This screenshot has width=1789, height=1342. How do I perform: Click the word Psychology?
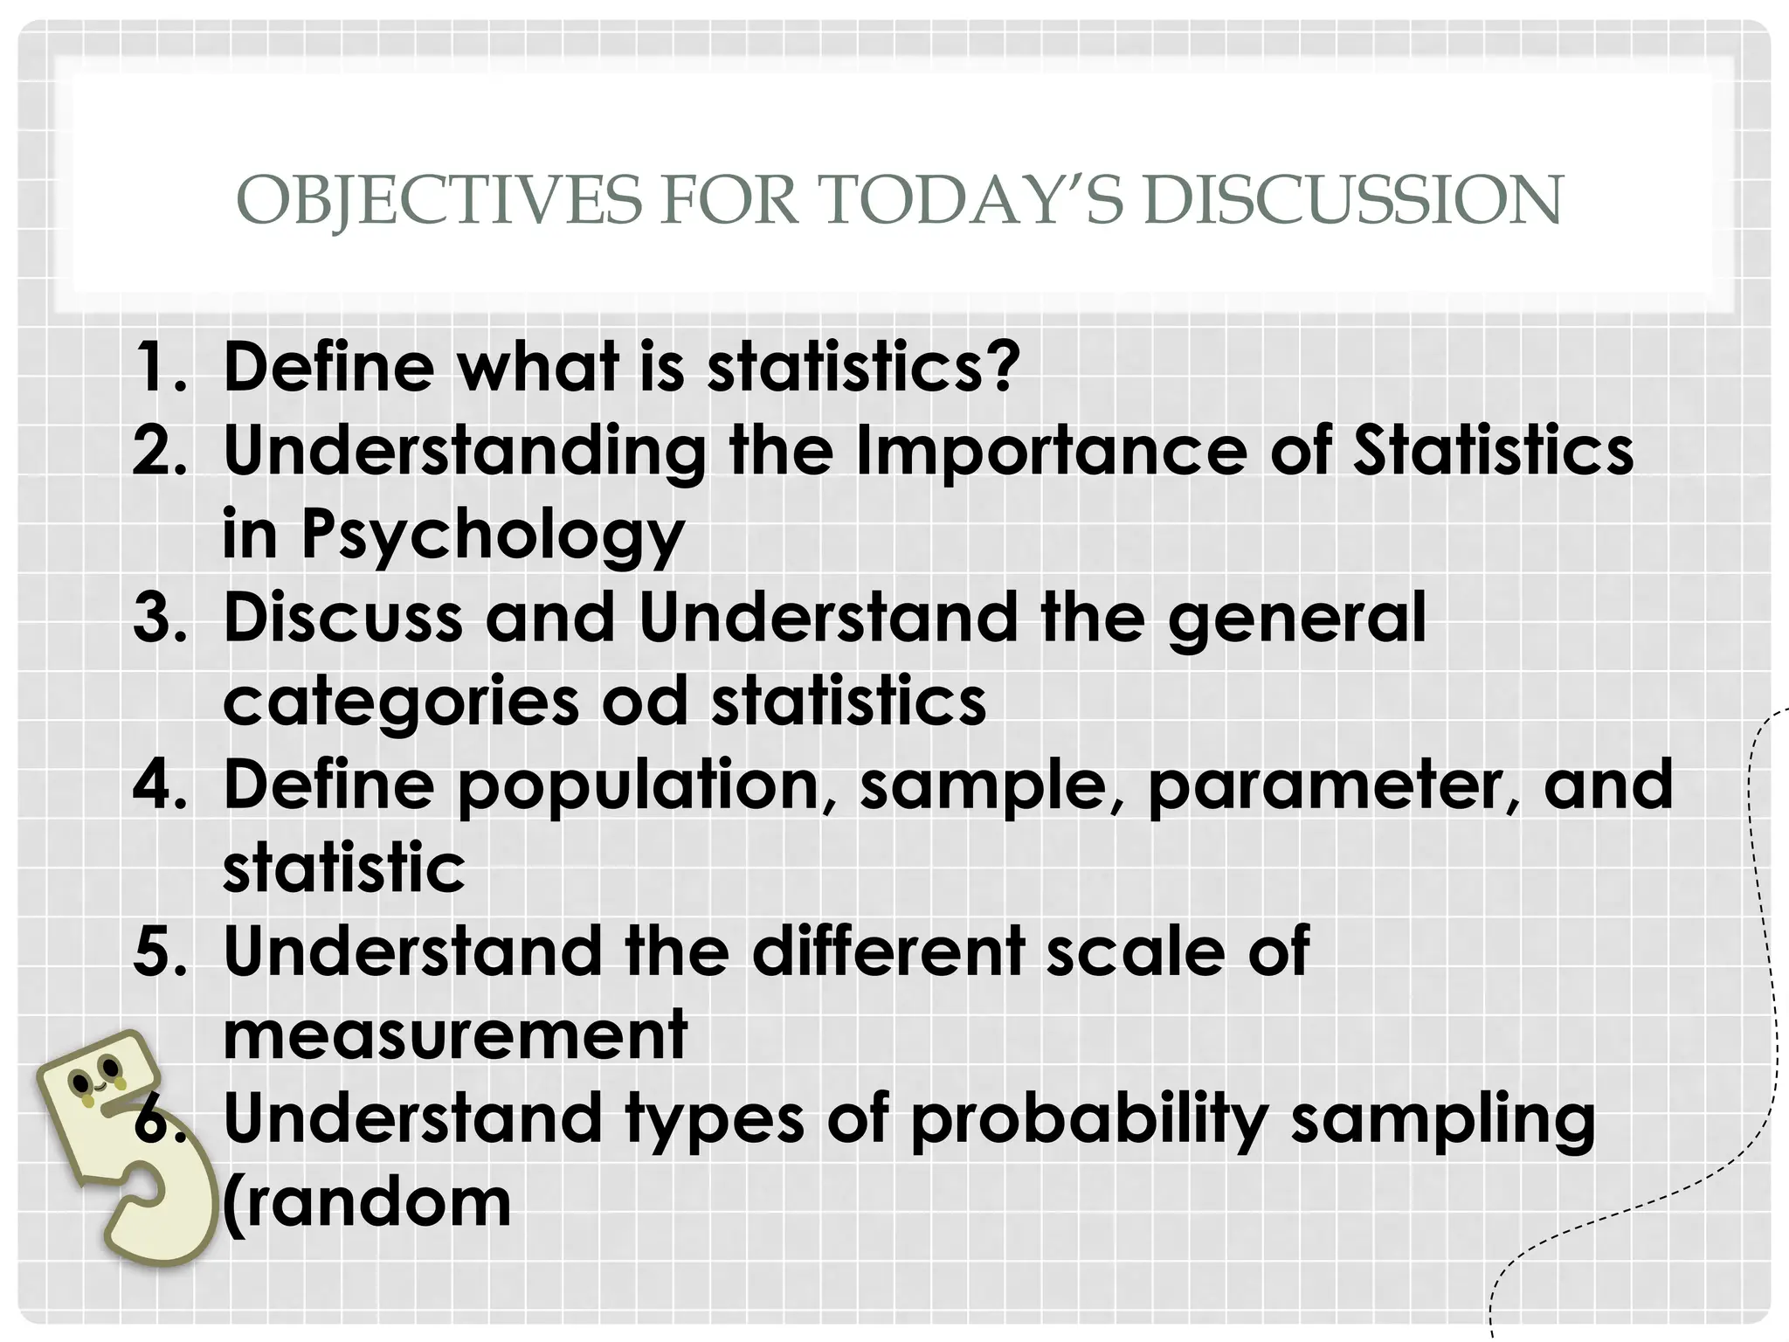click(493, 535)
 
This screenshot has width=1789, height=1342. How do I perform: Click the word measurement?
click(455, 1034)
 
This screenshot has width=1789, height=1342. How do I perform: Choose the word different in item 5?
click(888, 951)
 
